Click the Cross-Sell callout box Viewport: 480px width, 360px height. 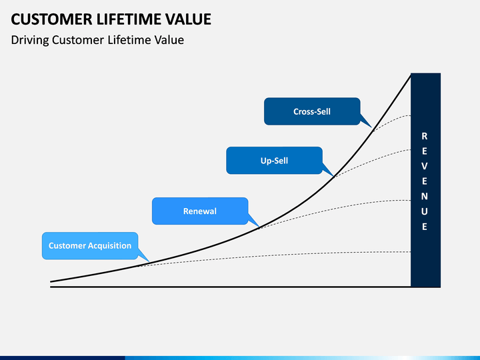pyautogui.click(x=312, y=111)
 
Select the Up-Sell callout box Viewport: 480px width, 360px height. pyautogui.click(x=274, y=161)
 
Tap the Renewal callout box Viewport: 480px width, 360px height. pyautogui.click(x=200, y=211)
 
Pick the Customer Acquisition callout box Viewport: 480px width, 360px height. pyautogui.click(x=90, y=245)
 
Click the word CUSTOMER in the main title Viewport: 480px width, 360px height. pyautogui.click(x=51, y=19)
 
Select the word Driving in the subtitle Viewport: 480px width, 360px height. pyautogui.click(x=30, y=41)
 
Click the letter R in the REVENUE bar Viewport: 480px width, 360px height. pyautogui.click(x=424, y=136)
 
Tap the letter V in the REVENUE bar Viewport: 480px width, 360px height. pyautogui.click(x=424, y=166)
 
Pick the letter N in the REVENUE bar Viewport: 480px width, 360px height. pyautogui.click(x=424, y=196)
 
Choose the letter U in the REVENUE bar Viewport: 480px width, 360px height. pyautogui.click(x=424, y=211)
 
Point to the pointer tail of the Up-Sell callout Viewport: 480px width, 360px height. pyautogui.click(x=327, y=170)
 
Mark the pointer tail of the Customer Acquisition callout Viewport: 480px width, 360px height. pyautogui.click(x=143, y=255)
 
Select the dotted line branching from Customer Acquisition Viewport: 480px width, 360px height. pyautogui.click(x=274, y=255)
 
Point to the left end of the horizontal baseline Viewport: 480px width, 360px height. pyautogui.click(x=51, y=287)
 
